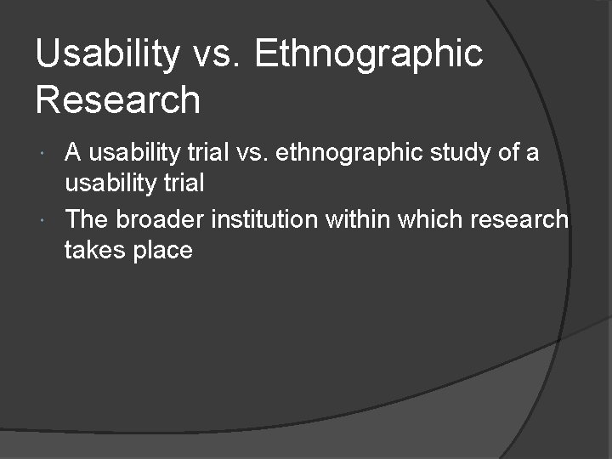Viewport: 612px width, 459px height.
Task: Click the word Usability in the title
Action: pos(107,54)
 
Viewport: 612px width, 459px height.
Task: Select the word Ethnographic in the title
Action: pos(368,54)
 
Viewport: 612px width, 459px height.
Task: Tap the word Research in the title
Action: pos(118,99)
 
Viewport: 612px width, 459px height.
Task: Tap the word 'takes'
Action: pos(91,251)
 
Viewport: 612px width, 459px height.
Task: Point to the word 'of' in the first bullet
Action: pos(510,153)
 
